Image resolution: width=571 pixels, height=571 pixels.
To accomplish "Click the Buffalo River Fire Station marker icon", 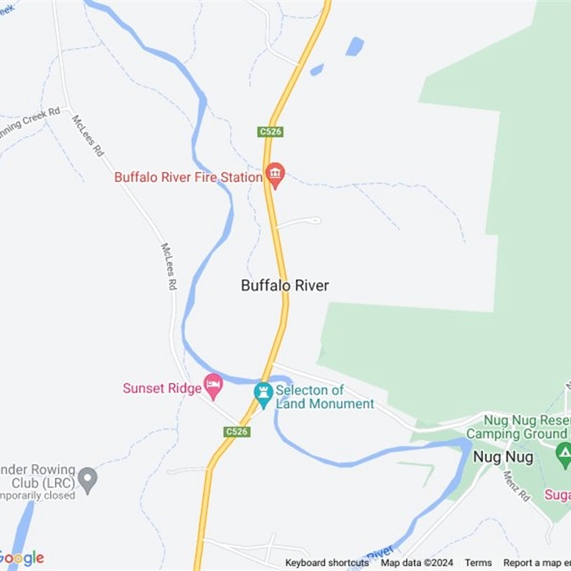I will click(x=275, y=174).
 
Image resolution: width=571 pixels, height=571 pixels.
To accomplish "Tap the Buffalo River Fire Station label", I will click(x=188, y=176).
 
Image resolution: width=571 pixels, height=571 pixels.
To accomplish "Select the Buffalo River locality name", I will click(x=285, y=285).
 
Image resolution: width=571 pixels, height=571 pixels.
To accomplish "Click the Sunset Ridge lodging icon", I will click(x=213, y=386).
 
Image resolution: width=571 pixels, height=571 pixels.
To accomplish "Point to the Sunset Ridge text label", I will click(x=162, y=388).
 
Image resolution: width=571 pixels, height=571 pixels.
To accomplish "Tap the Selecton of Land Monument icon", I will click(x=263, y=393).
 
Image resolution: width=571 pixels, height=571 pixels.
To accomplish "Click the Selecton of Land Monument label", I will click(x=324, y=397).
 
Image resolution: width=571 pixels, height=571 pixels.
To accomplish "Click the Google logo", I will click(x=22, y=558).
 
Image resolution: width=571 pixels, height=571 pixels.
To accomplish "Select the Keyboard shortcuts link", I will click(x=327, y=563).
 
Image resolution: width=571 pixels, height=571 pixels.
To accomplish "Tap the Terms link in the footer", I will click(x=479, y=563).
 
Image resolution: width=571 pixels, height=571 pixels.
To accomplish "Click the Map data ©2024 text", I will click(x=417, y=563).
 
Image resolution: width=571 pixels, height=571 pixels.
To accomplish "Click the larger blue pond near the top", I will click(x=354, y=46).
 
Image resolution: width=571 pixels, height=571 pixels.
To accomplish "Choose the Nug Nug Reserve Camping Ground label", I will click(x=517, y=428).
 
